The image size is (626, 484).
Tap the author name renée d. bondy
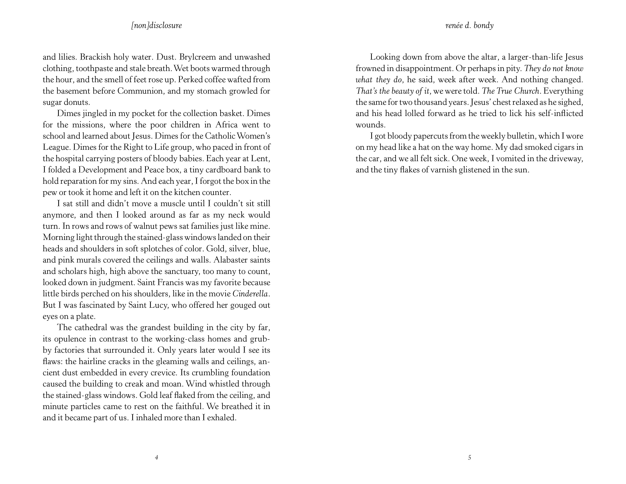469,25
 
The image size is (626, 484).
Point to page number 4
156,457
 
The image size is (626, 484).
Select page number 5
469,457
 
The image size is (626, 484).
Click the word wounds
370,125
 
